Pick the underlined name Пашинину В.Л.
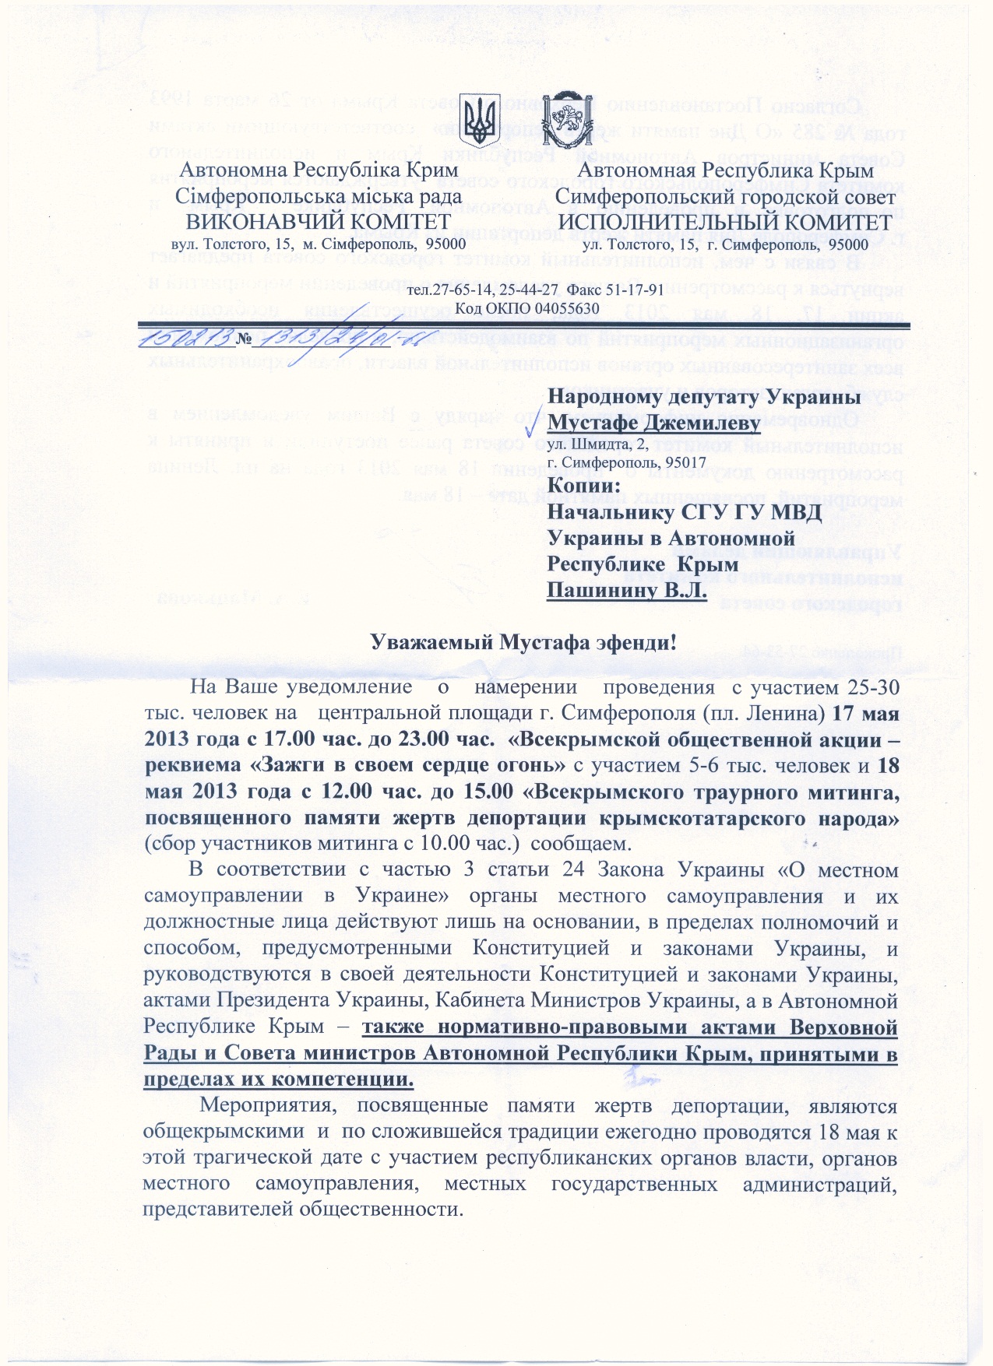coord(626,590)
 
